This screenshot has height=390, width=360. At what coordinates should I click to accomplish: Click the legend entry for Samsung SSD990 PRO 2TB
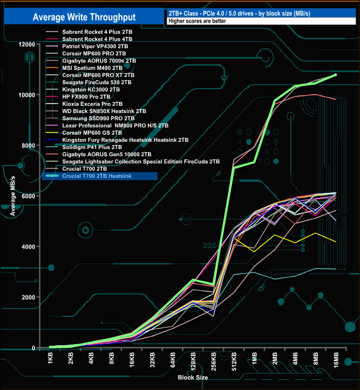pyautogui.click(x=99, y=119)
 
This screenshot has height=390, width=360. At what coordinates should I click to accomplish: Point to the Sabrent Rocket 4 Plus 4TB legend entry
pyautogui.click(x=97, y=39)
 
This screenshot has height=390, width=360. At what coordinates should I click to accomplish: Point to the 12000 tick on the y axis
pyautogui.click(x=26, y=44)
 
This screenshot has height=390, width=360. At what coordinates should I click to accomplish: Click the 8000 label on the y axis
pyautogui.click(x=28, y=145)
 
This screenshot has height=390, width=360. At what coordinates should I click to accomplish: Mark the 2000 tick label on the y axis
pyautogui.click(x=28, y=297)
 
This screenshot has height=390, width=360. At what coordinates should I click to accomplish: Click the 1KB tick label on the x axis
pyautogui.click(x=50, y=360)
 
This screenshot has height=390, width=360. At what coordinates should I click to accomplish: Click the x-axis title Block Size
pyautogui.click(x=193, y=377)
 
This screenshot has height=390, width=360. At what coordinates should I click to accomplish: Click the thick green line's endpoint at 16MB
pyautogui.click(x=336, y=74)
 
